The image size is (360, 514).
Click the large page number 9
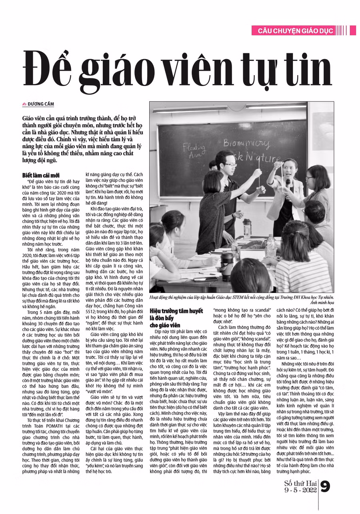point(325,486)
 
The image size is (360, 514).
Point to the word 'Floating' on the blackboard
point(194,147)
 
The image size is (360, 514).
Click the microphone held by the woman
point(288,183)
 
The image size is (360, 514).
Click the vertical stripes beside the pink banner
point(341,30)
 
